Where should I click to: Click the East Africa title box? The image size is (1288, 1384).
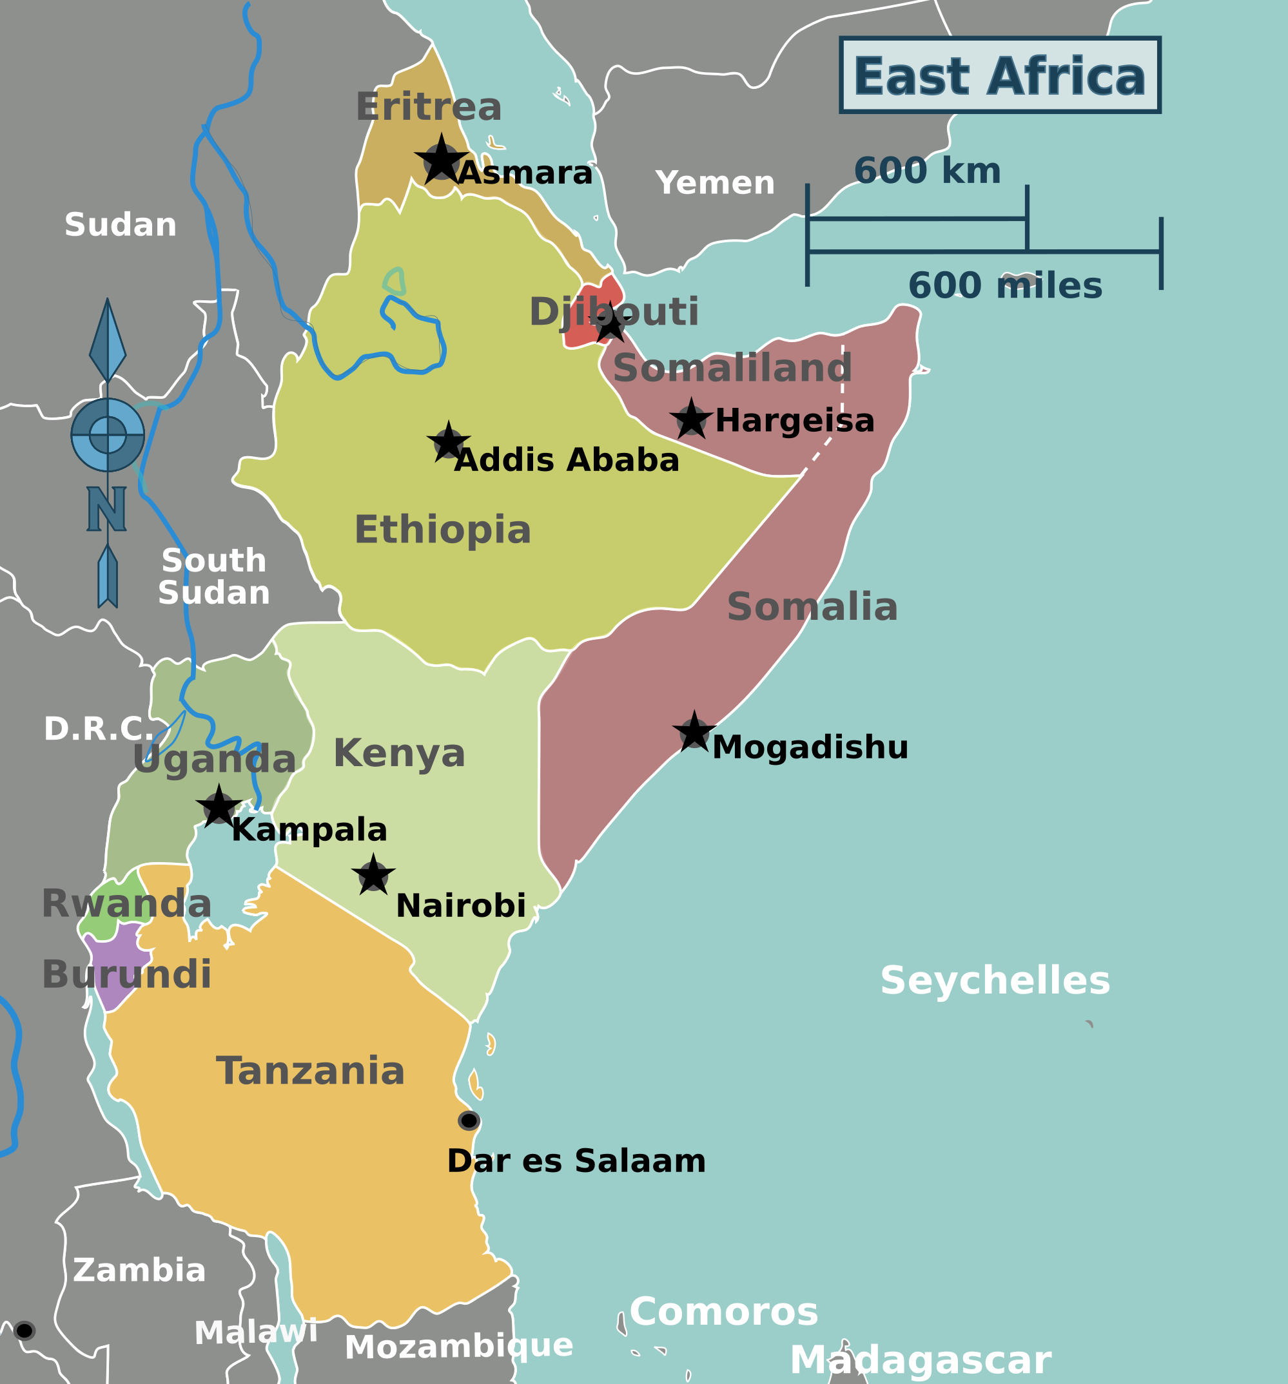pos(1000,75)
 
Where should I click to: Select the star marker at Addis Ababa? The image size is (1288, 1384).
pos(449,442)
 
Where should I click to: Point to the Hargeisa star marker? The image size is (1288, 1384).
pos(691,420)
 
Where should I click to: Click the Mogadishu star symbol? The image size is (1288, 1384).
pos(694,732)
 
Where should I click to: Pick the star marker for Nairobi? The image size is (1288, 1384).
pos(373,875)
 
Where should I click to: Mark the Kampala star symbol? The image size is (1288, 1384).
pos(219,807)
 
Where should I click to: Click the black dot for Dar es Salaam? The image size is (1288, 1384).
pos(469,1120)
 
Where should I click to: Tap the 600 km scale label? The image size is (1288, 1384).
pos(927,171)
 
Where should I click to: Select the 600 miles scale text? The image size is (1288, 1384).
pos(1004,285)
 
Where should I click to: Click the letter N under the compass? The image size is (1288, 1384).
pos(106,509)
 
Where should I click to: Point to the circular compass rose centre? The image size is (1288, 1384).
pos(108,435)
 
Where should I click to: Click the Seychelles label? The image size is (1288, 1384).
pos(995,980)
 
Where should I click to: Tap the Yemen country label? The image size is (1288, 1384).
pos(715,183)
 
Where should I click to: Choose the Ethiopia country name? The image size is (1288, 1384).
pos(442,530)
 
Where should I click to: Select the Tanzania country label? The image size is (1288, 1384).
pos(310,1071)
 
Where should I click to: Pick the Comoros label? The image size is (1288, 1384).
pos(723,1312)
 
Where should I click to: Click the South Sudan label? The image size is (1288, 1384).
pos(213,577)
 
